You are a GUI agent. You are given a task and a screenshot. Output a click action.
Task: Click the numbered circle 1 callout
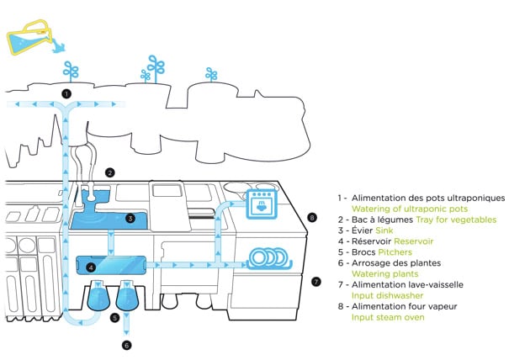click(x=66, y=93)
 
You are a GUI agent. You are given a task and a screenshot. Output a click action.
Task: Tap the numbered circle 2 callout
click(x=110, y=172)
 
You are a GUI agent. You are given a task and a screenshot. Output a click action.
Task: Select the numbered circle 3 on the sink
click(x=130, y=218)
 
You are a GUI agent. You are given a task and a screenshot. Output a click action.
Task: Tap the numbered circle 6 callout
click(x=127, y=345)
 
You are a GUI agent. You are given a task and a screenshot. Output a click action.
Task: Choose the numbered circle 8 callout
click(x=312, y=217)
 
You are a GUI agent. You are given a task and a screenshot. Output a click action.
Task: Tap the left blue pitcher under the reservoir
click(x=98, y=297)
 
